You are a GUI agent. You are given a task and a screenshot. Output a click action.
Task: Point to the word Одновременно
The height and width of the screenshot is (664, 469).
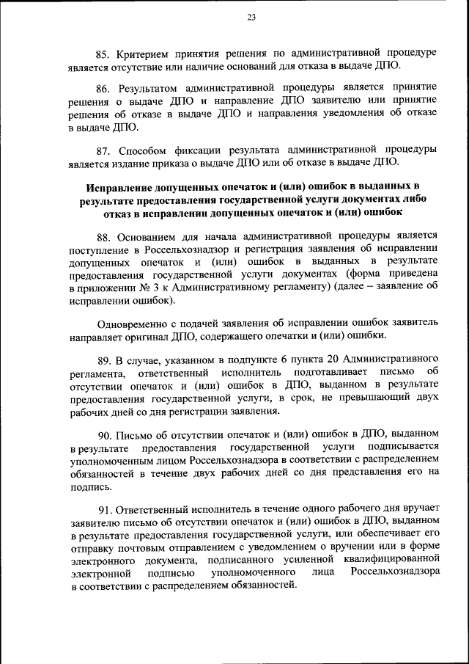(x=134, y=322)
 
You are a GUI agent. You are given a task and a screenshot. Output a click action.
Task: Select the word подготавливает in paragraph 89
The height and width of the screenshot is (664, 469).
(x=327, y=373)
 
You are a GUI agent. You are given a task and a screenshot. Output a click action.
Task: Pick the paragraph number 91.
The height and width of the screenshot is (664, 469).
(x=104, y=511)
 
